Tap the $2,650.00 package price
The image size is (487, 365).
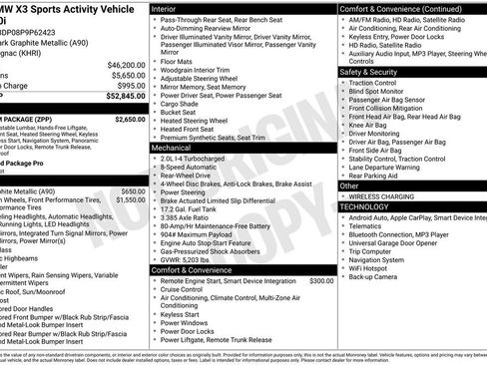click(x=130, y=119)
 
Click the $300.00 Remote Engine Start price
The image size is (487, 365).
click(x=321, y=281)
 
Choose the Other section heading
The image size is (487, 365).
click(x=349, y=185)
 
